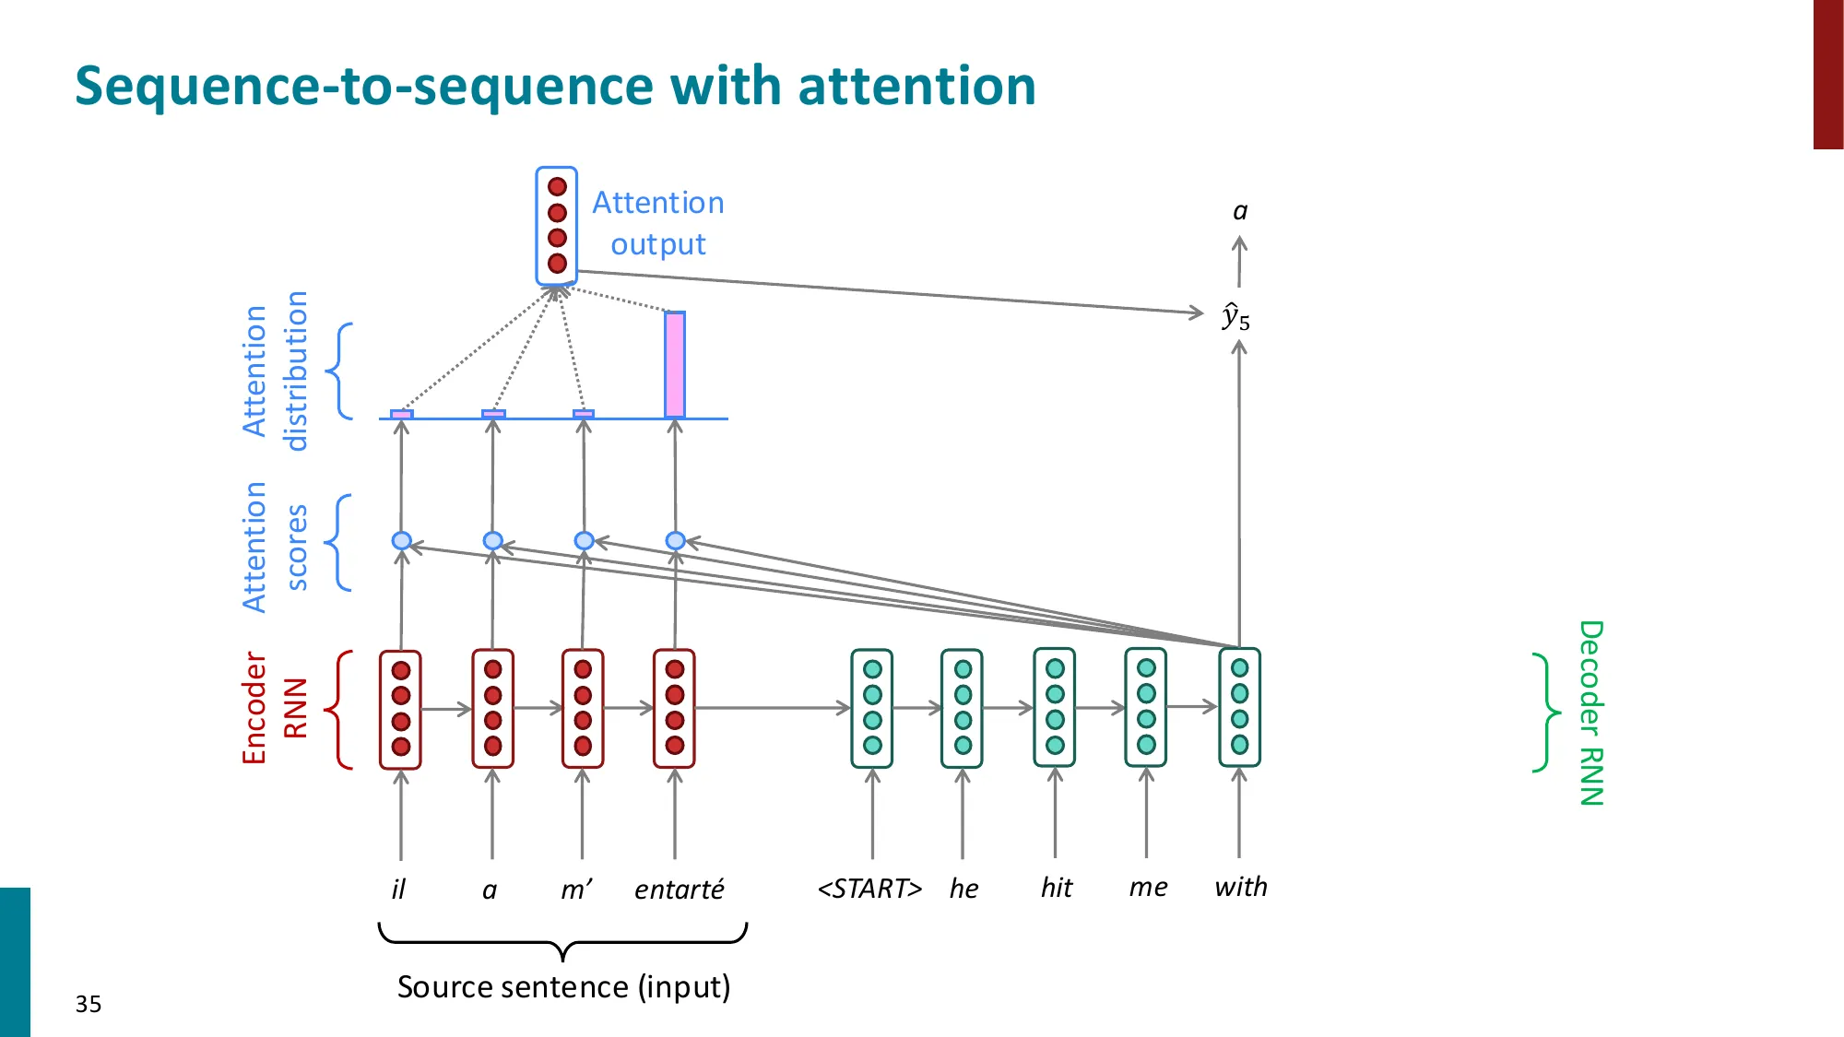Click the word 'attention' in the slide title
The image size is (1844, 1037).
tap(916, 86)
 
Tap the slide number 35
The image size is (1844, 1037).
tap(89, 1004)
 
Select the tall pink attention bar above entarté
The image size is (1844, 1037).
tap(675, 365)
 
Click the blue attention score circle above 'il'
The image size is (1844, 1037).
tap(401, 540)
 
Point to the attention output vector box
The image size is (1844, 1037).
tap(557, 225)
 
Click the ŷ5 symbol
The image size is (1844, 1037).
tap(1235, 317)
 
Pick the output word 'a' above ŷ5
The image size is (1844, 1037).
tap(1240, 212)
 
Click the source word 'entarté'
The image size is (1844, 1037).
tap(679, 890)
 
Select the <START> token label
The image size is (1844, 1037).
tap(869, 889)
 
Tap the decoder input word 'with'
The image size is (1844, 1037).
tap(1240, 887)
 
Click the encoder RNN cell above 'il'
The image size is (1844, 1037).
tap(400, 708)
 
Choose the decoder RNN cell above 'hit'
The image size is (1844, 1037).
tap(1055, 708)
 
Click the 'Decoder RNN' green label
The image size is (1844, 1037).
tap(1591, 713)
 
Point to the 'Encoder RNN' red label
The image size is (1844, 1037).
tap(267, 708)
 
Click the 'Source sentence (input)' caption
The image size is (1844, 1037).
tap(563, 987)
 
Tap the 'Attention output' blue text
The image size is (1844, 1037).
tap(657, 223)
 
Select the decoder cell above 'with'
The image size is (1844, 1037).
tap(1239, 707)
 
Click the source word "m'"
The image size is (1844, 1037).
tap(576, 890)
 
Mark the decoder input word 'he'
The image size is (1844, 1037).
tap(963, 889)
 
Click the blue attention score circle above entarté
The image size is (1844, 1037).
tap(675, 540)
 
